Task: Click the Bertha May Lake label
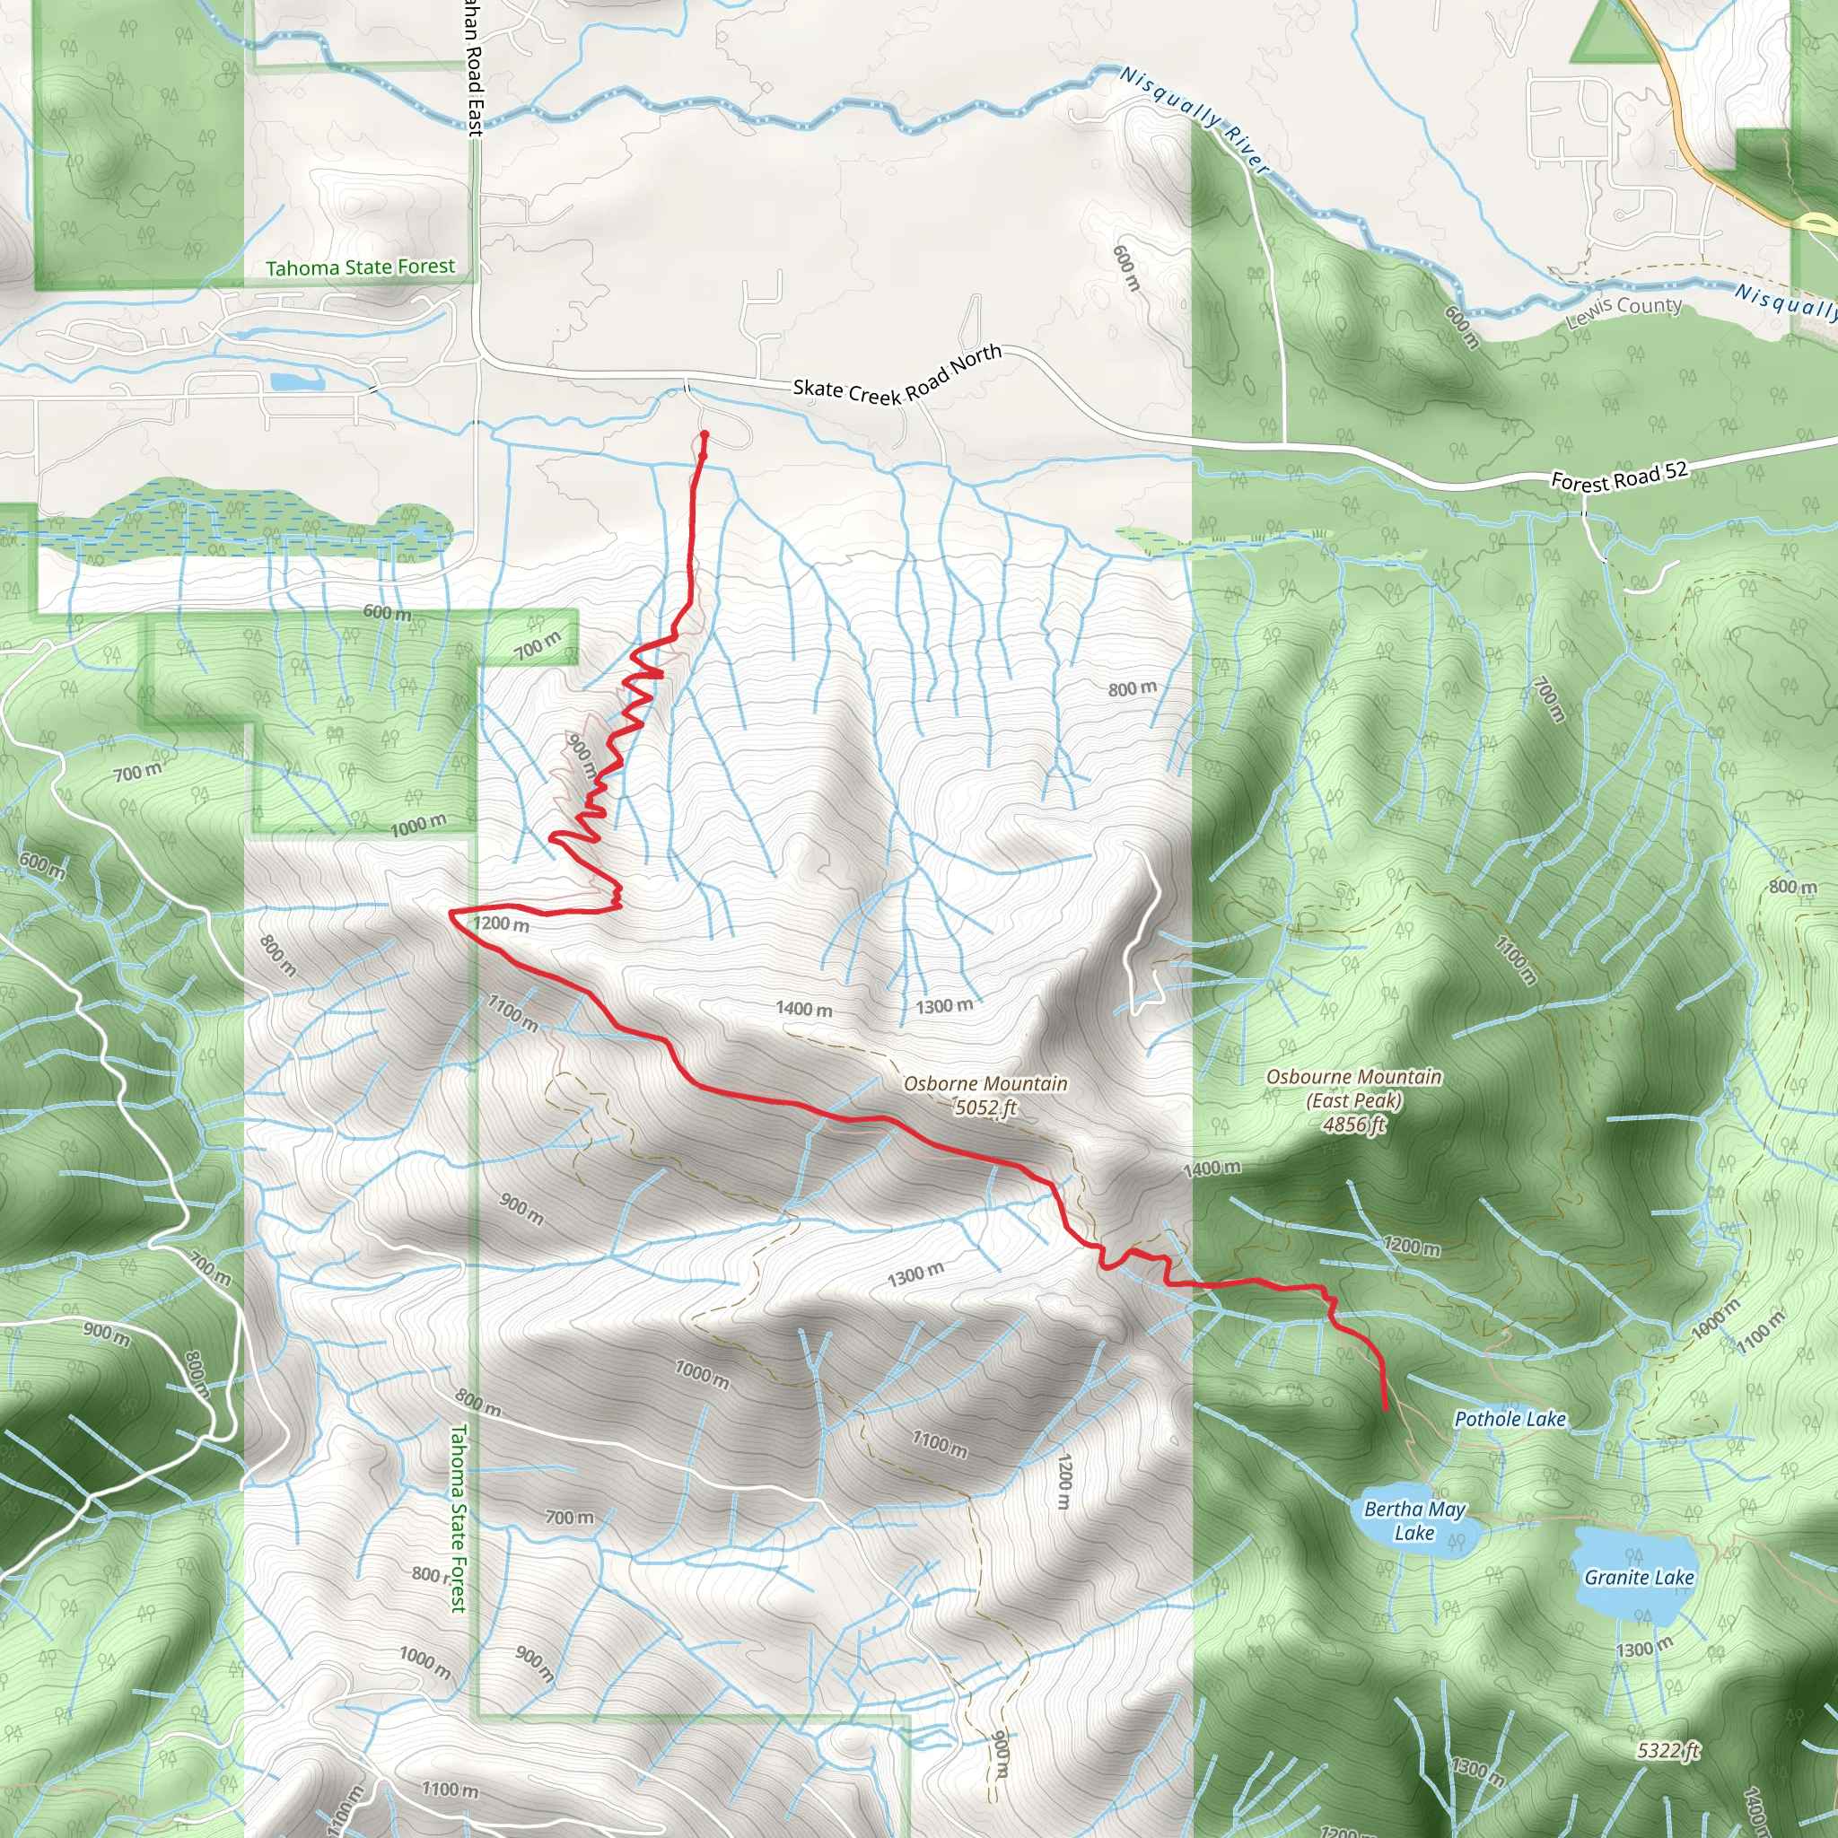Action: (x=1414, y=1520)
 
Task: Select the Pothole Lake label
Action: (x=1510, y=1420)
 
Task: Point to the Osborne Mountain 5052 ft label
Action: (x=985, y=1095)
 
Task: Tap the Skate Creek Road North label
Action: (x=897, y=376)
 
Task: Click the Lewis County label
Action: (x=1624, y=311)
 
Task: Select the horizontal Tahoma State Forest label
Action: (x=361, y=267)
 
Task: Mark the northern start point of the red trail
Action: (x=705, y=435)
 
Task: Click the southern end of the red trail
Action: (x=1385, y=1409)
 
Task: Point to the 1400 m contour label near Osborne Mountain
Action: (x=804, y=1009)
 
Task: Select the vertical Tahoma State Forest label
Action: (x=458, y=1519)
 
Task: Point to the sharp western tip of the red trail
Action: (x=451, y=913)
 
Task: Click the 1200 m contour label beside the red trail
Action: (x=502, y=923)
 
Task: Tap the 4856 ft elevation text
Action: (x=1353, y=1125)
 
